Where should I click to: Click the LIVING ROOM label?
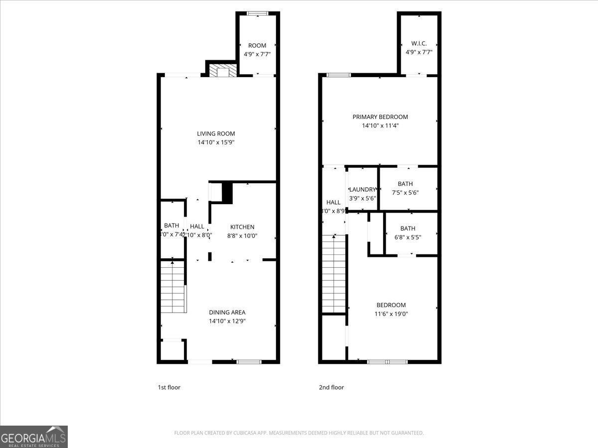[x=216, y=133]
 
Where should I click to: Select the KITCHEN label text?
[x=242, y=226]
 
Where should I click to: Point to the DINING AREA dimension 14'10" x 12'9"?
[x=227, y=321]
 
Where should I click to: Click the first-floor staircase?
[x=173, y=288]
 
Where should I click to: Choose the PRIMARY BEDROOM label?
[x=380, y=117]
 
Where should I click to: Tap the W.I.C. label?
[x=419, y=43]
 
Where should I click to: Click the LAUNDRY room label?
[x=362, y=189]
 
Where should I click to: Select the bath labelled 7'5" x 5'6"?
[x=405, y=188]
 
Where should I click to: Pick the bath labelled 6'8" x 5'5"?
[x=408, y=233]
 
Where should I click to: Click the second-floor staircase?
[x=334, y=274]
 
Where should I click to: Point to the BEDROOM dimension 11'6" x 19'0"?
[x=391, y=314]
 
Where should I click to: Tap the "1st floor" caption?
[x=169, y=387]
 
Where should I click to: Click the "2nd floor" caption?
[x=331, y=387]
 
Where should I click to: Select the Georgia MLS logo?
[x=34, y=437]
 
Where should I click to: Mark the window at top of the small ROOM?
[x=258, y=13]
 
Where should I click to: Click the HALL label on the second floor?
[x=333, y=202]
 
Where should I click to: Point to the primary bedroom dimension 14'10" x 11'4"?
[x=380, y=126]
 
